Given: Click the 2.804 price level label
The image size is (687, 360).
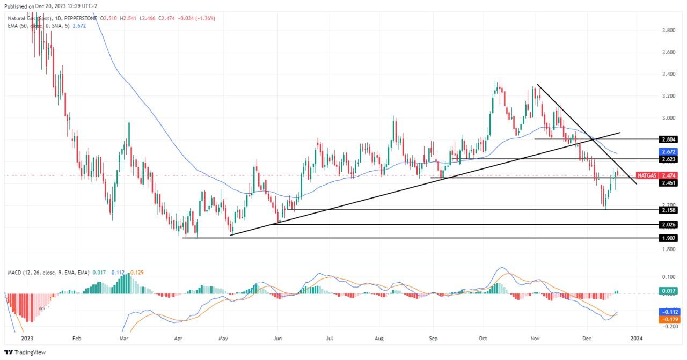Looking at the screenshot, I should click(x=669, y=139).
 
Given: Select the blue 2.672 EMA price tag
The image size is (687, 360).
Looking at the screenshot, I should click(x=669, y=152).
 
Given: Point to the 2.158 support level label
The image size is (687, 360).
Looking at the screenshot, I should click(x=669, y=210).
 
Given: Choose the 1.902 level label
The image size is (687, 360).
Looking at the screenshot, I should click(x=669, y=238).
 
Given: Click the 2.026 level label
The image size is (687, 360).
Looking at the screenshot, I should click(x=669, y=224).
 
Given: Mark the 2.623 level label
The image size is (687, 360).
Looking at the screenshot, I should click(x=669, y=159).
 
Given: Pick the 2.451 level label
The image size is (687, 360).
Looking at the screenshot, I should click(x=669, y=183).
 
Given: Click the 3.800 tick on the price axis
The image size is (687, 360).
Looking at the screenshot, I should click(x=668, y=31).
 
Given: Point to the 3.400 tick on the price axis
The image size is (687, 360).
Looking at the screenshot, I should click(x=668, y=74).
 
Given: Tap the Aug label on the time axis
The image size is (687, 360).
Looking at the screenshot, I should click(x=379, y=339).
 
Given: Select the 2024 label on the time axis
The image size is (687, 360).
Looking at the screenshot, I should click(x=637, y=339).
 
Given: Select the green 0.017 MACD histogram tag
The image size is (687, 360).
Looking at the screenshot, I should click(x=669, y=291).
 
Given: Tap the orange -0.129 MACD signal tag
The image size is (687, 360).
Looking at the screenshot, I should click(x=669, y=319).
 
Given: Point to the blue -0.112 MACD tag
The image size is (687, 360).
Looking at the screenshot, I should click(x=669, y=312).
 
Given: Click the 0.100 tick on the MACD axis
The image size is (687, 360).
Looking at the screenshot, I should click(x=668, y=277).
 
